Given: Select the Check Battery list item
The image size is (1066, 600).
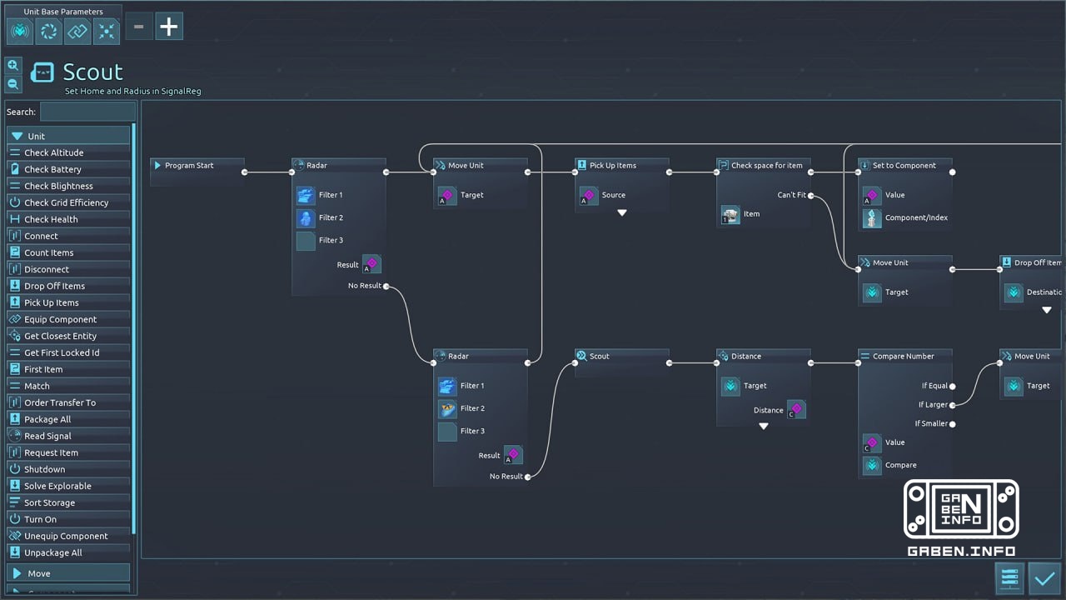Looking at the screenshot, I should [x=52, y=169].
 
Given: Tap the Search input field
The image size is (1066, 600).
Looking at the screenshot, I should [x=87, y=112].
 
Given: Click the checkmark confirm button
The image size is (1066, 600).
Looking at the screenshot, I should [x=1044, y=577].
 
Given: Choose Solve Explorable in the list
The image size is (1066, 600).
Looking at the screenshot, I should [x=57, y=486].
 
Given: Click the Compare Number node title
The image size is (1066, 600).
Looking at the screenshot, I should [x=903, y=357].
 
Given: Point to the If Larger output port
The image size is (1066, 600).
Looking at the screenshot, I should [x=952, y=405].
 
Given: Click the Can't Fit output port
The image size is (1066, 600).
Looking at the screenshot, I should [x=810, y=196].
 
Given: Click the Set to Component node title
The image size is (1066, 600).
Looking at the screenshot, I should [x=904, y=166].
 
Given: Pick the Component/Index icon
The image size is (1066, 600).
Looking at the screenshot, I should [x=872, y=218].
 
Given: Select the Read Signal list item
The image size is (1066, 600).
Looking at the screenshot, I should [x=47, y=436].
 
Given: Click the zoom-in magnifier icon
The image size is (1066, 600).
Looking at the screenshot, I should [x=12, y=65].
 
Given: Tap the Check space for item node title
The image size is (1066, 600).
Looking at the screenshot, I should [x=766, y=166].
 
